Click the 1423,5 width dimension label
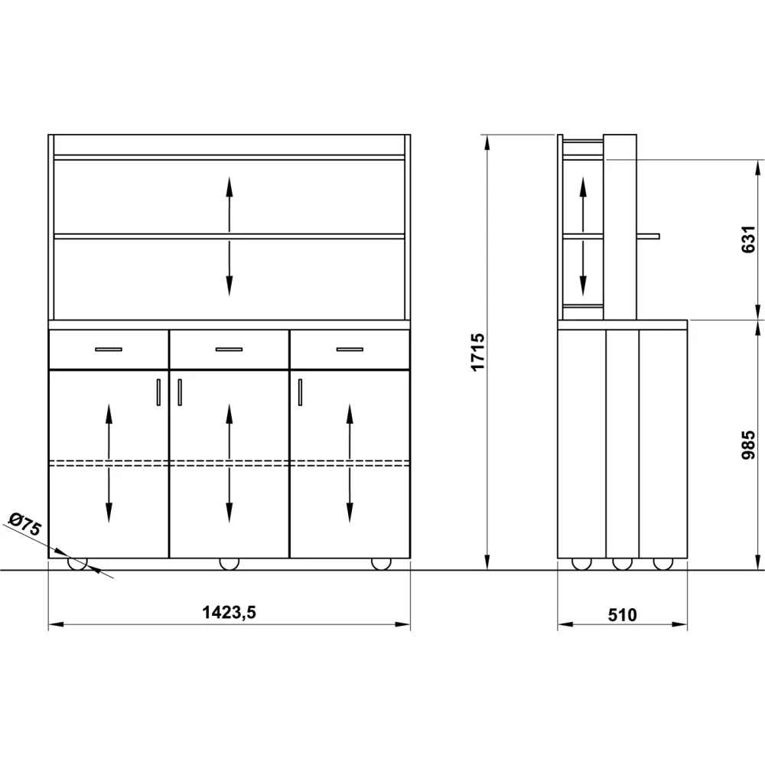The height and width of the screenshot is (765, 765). tap(229, 612)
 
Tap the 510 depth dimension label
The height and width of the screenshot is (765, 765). tap(622, 615)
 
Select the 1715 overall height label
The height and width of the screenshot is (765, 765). tap(477, 352)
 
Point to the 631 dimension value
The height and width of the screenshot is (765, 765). tap(748, 239)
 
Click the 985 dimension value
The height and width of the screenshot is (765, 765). tap(748, 444)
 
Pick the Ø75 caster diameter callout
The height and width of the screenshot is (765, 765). tap(25, 524)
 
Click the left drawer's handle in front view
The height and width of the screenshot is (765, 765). tap(109, 350)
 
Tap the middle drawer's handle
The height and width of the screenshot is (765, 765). tap(229, 350)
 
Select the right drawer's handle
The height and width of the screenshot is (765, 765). tap(350, 350)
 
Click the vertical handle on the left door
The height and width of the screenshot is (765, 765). tap(158, 392)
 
